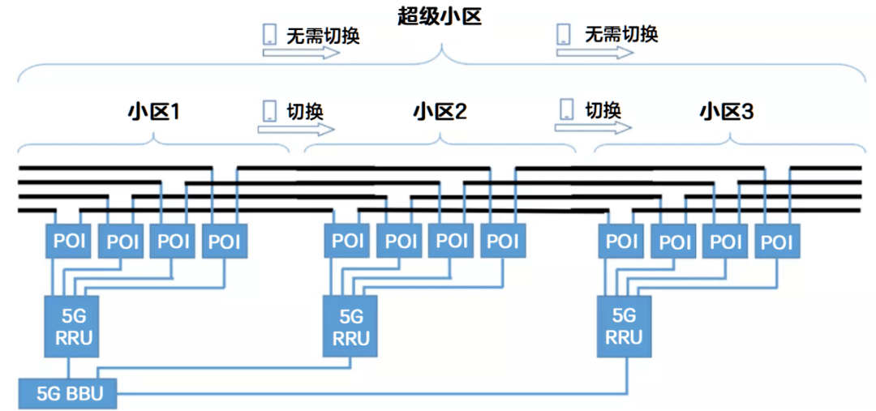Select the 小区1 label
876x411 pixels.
[x=153, y=111]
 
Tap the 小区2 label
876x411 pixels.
[x=440, y=111]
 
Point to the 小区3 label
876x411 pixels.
[x=726, y=111]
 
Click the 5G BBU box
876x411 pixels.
[x=68, y=395]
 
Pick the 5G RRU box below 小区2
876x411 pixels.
[x=350, y=326]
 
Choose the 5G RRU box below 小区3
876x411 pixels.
[x=624, y=326]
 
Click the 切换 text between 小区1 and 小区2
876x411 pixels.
[x=304, y=110]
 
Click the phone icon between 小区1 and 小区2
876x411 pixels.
[x=268, y=111]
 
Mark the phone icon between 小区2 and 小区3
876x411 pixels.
[x=565, y=109]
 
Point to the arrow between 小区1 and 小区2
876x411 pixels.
[x=298, y=129]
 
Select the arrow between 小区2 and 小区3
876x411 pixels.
[x=593, y=127]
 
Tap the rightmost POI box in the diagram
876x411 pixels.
[x=776, y=241]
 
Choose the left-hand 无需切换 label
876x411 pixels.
[x=323, y=36]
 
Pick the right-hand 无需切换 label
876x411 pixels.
[x=621, y=34]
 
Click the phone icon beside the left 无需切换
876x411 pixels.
[x=269, y=35]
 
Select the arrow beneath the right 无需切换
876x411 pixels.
[x=595, y=52]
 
